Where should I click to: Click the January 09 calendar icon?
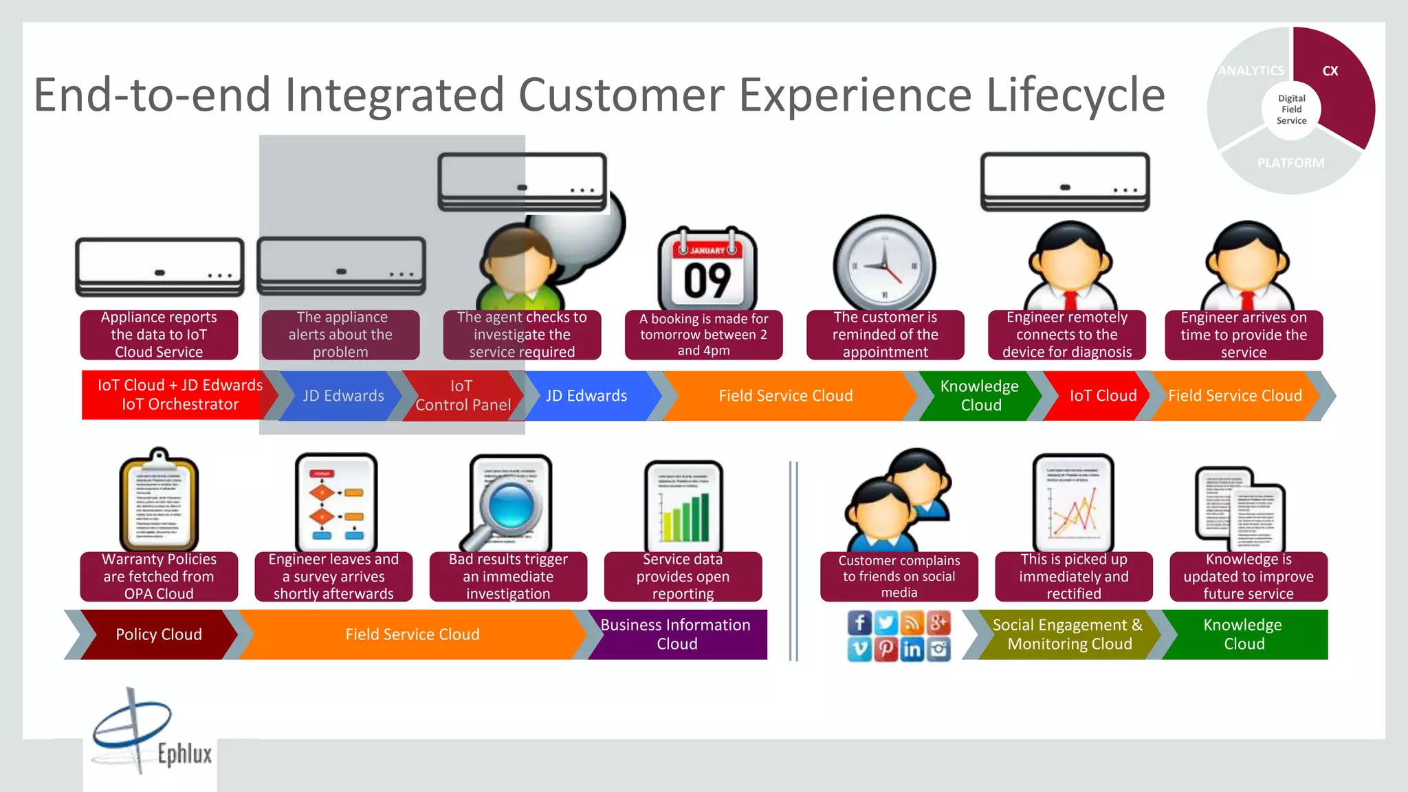click(x=707, y=269)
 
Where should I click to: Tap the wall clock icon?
click(x=884, y=265)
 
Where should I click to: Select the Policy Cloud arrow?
click(x=158, y=635)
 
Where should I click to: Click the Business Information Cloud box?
click(x=677, y=635)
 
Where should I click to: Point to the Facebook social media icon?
click(x=859, y=623)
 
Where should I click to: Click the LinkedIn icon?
click(x=912, y=649)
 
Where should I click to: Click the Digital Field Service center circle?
click(x=1291, y=109)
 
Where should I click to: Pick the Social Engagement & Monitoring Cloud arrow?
click(x=1067, y=635)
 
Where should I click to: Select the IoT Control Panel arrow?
click(x=462, y=395)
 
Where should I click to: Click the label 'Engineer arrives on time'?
click(x=1243, y=335)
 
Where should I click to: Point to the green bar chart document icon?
click(x=683, y=509)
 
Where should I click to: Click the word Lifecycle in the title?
click(x=1075, y=94)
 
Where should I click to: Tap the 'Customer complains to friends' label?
click(x=899, y=576)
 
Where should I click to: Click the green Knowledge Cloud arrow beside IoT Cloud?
click(x=980, y=395)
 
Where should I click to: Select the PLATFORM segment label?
click(x=1290, y=163)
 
